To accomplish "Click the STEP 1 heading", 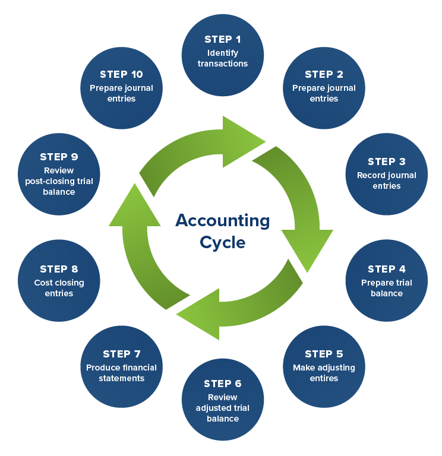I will pos(223,39).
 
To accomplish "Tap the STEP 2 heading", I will pos(324,74).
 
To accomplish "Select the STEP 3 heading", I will pos(387,161).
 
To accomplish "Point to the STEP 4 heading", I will pos(387,269).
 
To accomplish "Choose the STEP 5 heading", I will pos(324,354).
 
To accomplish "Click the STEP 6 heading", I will pos(223,384).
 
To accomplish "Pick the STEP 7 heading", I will pos(122,354).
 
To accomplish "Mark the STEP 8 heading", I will pos(59,269).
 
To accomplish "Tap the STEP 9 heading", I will pos(59,157).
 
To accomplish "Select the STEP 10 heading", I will pos(122,74).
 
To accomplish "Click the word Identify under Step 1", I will pos(223,53).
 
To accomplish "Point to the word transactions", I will pos(223,64).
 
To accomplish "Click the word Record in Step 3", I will pos(370,175).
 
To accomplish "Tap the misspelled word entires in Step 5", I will pos(324,378).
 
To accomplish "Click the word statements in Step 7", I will pos(122,378).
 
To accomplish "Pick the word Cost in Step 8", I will pos(43,283).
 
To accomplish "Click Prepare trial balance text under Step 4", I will pos(387,288).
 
